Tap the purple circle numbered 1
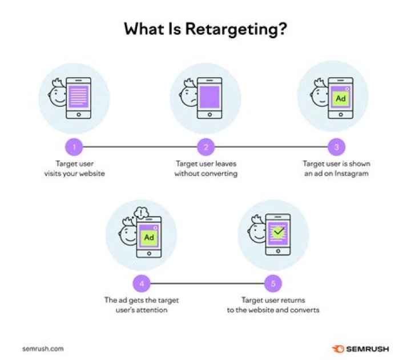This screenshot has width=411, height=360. click(x=74, y=147)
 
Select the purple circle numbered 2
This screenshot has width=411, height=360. click(x=205, y=147)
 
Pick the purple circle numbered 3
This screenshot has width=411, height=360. click(x=337, y=147)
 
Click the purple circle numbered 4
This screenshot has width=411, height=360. click(x=142, y=283)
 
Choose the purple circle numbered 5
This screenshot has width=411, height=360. click(x=273, y=283)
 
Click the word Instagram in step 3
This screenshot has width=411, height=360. click(x=352, y=174)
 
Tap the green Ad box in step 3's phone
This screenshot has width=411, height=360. click(x=340, y=98)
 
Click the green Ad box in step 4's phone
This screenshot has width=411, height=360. click(x=149, y=238)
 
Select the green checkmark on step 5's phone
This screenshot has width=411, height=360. click(x=279, y=231)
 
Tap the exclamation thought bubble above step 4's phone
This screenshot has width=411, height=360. click(x=142, y=213)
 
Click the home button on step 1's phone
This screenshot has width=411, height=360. click(x=79, y=115)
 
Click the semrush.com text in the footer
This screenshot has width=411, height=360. click(x=43, y=349)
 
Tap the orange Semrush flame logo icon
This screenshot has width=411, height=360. click(x=338, y=349)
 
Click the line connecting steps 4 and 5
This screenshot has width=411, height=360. click(x=207, y=283)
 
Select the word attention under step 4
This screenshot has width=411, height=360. click(x=152, y=310)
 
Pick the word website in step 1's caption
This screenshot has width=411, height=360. click(x=92, y=174)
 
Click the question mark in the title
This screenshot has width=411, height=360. click(x=282, y=29)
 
